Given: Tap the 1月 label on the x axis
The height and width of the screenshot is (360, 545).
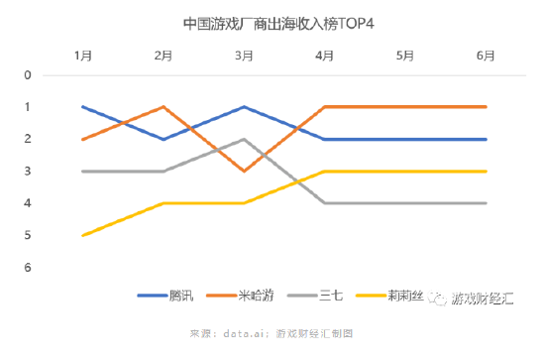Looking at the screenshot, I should pos(83,56).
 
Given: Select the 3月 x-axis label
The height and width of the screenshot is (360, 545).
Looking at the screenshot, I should pos(244,56).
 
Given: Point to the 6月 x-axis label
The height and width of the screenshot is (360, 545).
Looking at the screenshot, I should pos(486,56).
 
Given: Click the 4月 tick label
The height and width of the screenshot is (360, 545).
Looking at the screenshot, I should pos(324,56).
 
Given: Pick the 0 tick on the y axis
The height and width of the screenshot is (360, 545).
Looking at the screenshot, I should pos(28,74).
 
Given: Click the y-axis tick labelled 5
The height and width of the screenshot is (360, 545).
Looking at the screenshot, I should pos(28,235).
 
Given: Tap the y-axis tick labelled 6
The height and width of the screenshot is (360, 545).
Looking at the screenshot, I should pos(28,268).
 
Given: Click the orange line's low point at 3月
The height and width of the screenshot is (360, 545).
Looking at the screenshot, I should pos(244,171).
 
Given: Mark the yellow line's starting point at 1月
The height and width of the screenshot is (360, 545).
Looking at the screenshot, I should pos(83,235).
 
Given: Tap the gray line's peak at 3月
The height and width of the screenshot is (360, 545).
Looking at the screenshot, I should pos(244,139).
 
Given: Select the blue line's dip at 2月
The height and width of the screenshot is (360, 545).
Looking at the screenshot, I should pos(163,139).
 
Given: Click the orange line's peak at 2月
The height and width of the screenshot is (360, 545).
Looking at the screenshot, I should pos(163,106).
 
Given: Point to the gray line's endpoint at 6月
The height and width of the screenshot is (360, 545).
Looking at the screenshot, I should pos(486,203).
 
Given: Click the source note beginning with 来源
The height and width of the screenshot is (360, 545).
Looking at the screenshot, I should pos(272,333).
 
